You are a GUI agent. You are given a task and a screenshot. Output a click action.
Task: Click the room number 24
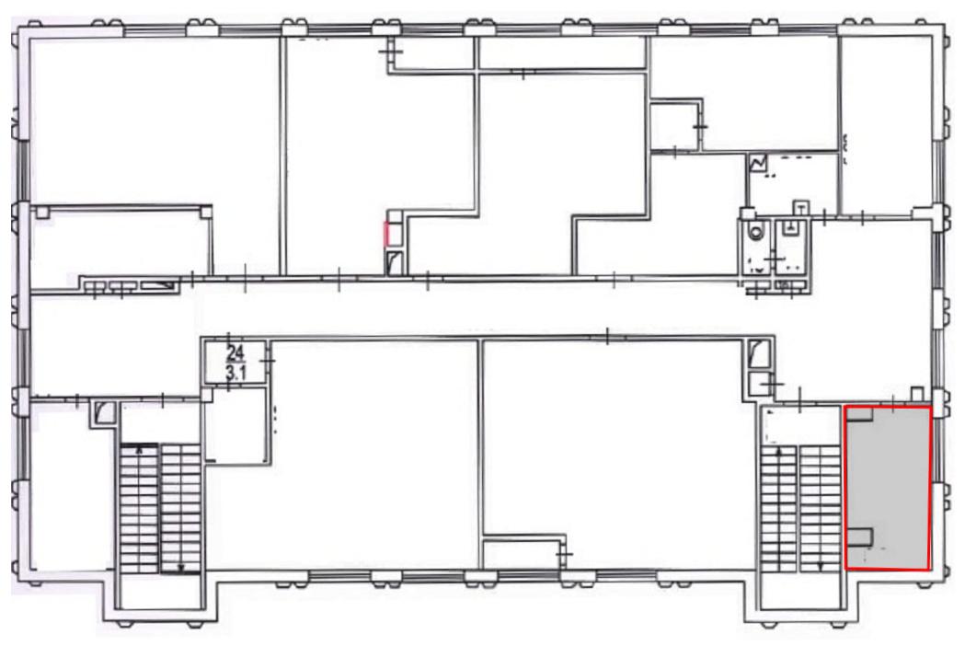(x=236, y=352)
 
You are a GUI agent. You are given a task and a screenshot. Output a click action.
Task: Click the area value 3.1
(x=236, y=372)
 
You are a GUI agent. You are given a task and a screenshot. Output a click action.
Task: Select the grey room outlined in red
(x=888, y=487)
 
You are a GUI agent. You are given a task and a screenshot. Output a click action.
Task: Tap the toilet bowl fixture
(x=755, y=232)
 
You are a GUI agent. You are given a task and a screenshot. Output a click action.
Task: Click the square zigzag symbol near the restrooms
(x=758, y=163)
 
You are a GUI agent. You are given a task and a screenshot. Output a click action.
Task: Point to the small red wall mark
(x=385, y=234)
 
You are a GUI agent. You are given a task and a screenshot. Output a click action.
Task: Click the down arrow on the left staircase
(x=181, y=567)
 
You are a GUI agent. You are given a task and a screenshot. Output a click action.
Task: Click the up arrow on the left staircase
(x=140, y=450)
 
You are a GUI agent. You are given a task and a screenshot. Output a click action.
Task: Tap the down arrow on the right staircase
(x=821, y=565)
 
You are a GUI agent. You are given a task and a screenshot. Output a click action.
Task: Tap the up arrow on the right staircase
(x=781, y=453)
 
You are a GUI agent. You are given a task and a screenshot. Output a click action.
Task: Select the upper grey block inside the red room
(x=859, y=414)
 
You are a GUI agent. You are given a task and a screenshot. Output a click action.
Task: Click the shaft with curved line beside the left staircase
(x=103, y=412)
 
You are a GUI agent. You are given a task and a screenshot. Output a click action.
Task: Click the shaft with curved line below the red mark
(x=395, y=261)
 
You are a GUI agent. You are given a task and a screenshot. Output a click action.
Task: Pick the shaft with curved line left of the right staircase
(x=757, y=354)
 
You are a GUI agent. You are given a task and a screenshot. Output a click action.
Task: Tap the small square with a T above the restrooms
(x=800, y=207)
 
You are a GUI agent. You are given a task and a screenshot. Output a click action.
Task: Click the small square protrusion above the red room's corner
(x=917, y=394)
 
